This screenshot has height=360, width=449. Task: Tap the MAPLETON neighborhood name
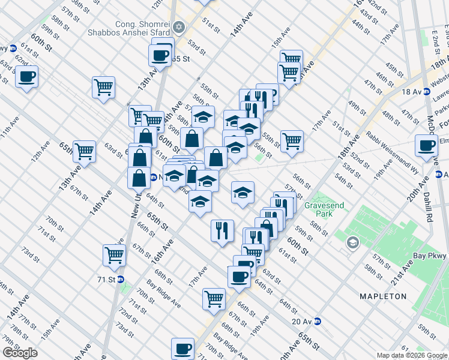[382, 296]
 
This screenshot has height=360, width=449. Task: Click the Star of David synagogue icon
[178, 27]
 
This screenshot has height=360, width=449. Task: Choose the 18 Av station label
[411, 92]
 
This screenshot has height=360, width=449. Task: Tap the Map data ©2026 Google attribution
[412, 355]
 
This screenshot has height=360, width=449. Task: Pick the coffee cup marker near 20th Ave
[427, 145]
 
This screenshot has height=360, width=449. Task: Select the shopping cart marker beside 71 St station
[113, 254]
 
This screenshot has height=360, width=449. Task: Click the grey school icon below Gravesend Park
[352, 243]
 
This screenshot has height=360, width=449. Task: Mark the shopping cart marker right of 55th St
[292, 141]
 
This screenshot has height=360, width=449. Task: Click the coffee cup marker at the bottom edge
[182, 348]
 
